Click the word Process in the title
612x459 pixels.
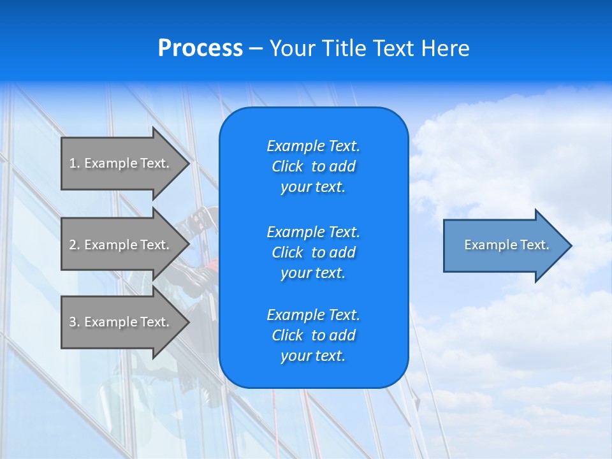[200, 48]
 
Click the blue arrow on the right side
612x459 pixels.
[504, 245]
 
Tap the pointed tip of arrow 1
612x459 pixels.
[189, 163]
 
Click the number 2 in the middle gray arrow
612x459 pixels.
[73, 245]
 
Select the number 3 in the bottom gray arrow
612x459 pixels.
[73, 322]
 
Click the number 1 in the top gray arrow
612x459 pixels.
[73, 163]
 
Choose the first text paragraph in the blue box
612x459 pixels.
[313, 166]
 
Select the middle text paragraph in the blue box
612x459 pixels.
[313, 252]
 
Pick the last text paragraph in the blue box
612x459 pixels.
[313, 335]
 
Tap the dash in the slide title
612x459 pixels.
[256, 48]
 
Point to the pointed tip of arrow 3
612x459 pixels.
[189, 322]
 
